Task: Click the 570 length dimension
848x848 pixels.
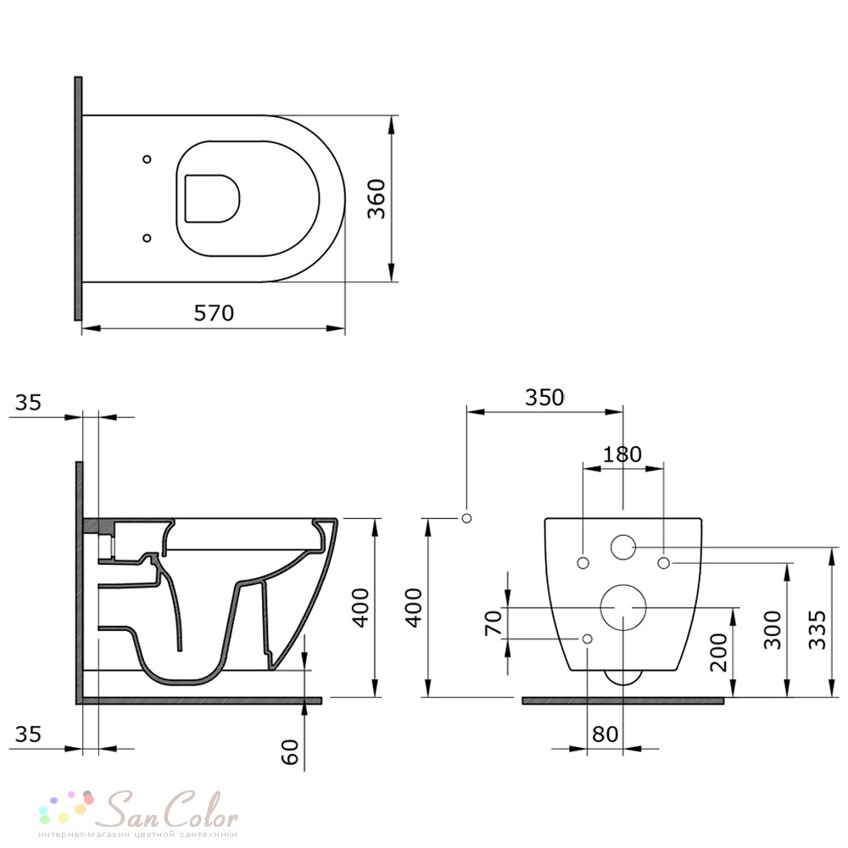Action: pyautogui.click(x=215, y=313)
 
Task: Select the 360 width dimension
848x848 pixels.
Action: pyautogui.click(x=377, y=198)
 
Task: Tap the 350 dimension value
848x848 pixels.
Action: pyautogui.click(x=544, y=398)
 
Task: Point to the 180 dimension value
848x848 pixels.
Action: pyautogui.click(x=622, y=455)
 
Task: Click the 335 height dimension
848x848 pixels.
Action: pyautogui.click(x=817, y=629)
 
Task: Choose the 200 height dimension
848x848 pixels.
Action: pyautogui.click(x=719, y=652)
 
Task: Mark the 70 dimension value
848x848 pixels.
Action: pyautogui.click(x=494, y=623)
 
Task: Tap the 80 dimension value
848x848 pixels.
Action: pyautogui.click(x=605, y=734)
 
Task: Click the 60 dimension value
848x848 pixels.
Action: pyautogui.click(x=290, y=751)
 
